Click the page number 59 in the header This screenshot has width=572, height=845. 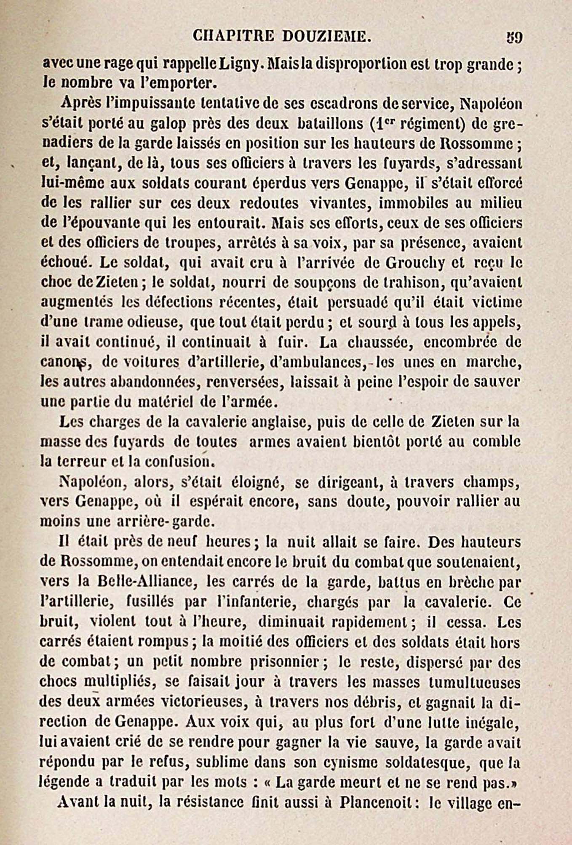(x=514, y=38)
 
